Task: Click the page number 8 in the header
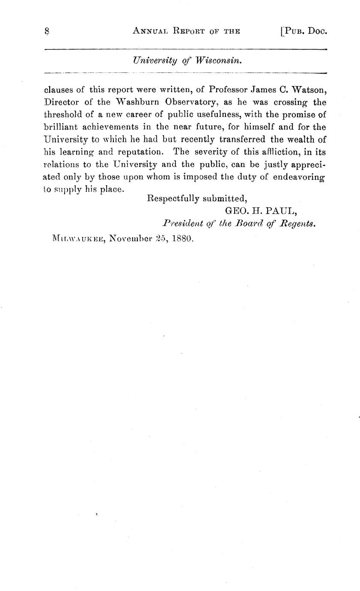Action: [x=47, y=31]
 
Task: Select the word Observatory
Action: [x=192, y=102]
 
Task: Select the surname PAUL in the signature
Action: [x=280, y=211]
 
